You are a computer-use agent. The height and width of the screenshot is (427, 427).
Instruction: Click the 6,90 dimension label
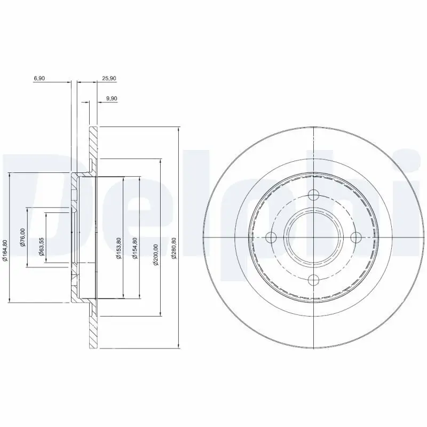(39, 78)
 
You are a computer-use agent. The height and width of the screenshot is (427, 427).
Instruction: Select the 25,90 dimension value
(109, 78)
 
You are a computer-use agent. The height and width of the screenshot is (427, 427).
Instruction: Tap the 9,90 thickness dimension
(112, 98)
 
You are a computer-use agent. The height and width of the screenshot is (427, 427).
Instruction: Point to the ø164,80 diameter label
(5, 251)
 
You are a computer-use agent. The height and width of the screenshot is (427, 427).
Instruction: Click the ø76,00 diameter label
(23, 238)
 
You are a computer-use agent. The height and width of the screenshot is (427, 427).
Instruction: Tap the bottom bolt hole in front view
(313, 279)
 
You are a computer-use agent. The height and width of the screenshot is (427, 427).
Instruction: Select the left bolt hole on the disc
(272, 238)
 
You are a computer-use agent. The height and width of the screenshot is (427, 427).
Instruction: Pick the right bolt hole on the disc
(355, 238)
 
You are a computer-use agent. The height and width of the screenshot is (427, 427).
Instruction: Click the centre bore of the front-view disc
(313, 238)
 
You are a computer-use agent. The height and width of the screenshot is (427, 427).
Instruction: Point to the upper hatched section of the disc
(93, 144)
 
